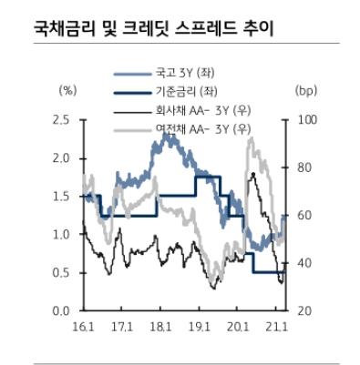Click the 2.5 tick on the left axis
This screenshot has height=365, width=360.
(x=62, y=120)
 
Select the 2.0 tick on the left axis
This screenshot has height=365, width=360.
(x=62, y=158)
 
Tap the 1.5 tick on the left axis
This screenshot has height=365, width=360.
(x=62, y=197)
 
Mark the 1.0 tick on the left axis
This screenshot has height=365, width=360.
(x=62, y=235)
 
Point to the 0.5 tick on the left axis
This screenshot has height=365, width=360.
(x=62, y=273)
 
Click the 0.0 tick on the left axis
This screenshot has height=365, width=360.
(x=62, y=311)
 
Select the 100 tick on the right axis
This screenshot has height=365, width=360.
(x=307, y=120)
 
